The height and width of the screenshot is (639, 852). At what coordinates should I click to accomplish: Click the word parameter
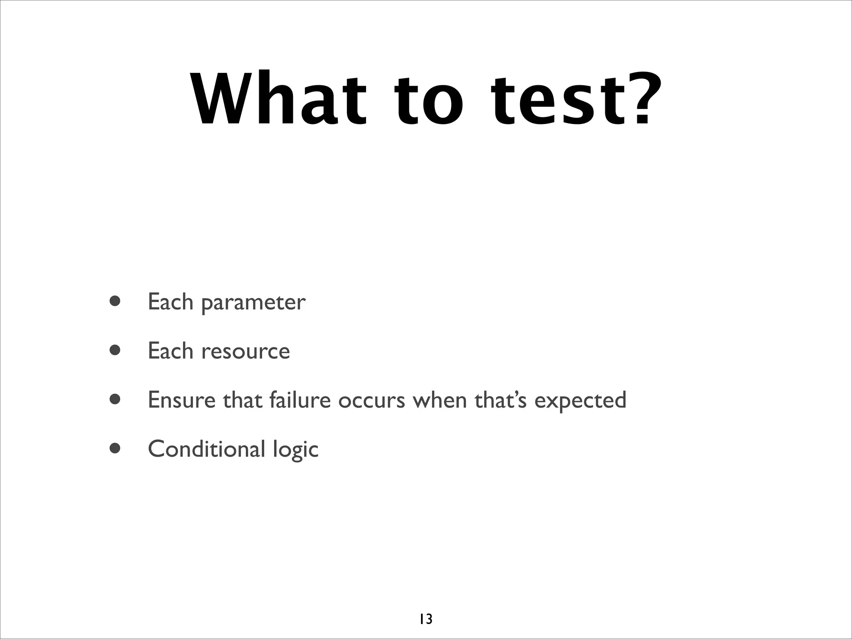point(253,303)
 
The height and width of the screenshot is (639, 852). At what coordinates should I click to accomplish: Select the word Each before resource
point(171,351)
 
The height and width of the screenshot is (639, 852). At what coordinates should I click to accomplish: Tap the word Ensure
point(182,400)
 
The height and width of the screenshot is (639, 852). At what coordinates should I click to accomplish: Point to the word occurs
point(372,401)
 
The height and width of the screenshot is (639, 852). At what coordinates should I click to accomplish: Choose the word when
point(440,400)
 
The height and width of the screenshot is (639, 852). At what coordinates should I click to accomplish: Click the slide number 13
point(426,619)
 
